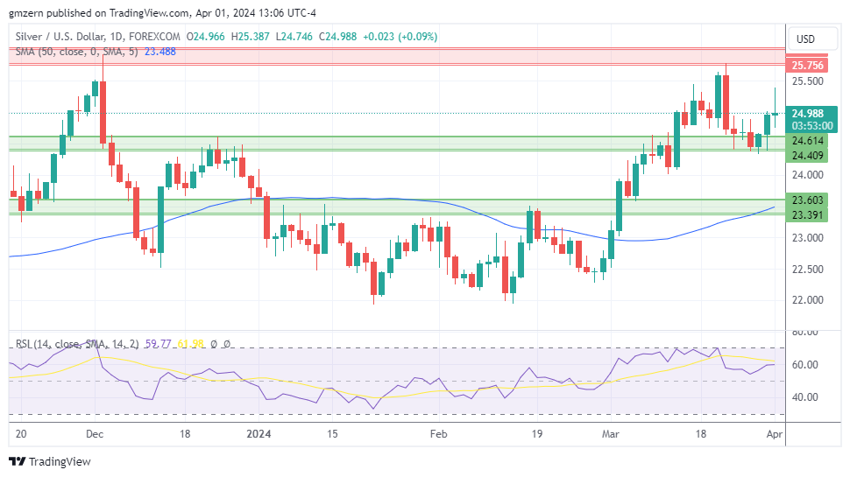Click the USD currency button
pos(804,39)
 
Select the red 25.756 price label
pos(807,66)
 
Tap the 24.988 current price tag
pos(807,113)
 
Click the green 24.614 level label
pos(807,141)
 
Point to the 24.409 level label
pos(807,156)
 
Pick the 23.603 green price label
pos(807,200)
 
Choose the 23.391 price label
pos(807,215)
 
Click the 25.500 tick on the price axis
pos(807,81)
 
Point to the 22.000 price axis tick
pos(807,300)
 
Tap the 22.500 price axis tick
pos(807,269)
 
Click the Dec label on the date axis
pos(96,433)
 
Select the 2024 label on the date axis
pos(259,433)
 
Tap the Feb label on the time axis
pos(438,433)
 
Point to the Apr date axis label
pos(774,433)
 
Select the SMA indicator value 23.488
pos(160,52)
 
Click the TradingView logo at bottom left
pos(50,461)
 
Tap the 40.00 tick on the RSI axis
pos(805,397)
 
